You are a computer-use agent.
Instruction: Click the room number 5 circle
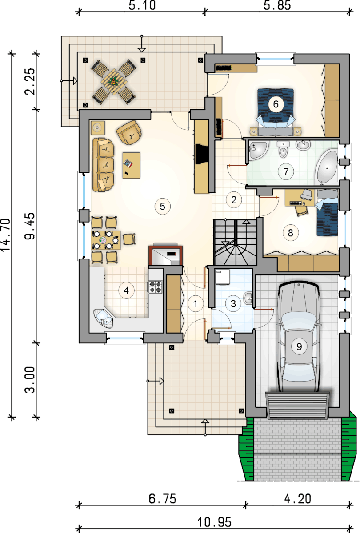pyautogui.click(x=162, y=206)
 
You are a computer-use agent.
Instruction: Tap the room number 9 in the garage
pyautogui.click(x=299, y=346)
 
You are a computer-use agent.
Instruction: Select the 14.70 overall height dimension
pyautogui.click(x=5, y=235)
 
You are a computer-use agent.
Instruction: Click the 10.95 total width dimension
pyautogui.click(x=214, y=522)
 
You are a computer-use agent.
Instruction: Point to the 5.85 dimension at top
pyautogui.click(x=277, y=5)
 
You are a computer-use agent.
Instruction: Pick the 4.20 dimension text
pyautogui.click(x=298, y=498)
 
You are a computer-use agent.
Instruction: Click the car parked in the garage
pyautogui.click(x=299, y=338)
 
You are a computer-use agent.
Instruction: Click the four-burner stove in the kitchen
pyautogui.click(x=156, y=287)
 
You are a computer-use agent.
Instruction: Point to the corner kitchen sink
pyautogui.click(x=103, y=318)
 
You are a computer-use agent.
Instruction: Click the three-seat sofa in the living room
pyautogui.click(x=103, y=165)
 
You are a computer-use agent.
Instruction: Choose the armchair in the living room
pyautogui.click(x=129, y=132)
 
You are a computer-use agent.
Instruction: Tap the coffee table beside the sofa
pyautogui.click(x=132, y=165)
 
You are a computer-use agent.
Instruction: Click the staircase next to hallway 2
pyautogui.click(x=235, y=242)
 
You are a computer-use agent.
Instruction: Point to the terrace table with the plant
pyautogui.click(x=114, y=82)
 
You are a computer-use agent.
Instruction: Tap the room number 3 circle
pyautogui.click(x=233, y=304)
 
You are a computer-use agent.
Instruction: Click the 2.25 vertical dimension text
pyautogui.click(x=30, y=81)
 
